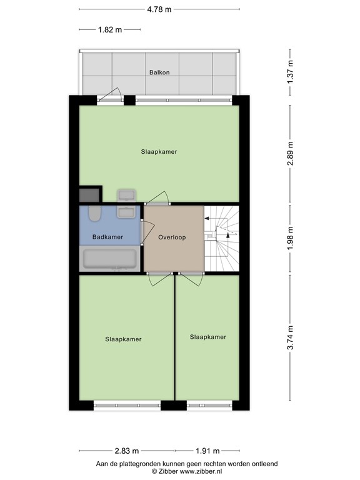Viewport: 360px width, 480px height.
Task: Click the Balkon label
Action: coord(159,72)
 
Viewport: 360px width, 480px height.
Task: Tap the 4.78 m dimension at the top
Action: coord(159,9)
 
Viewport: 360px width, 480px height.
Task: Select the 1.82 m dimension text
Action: coord(110,29)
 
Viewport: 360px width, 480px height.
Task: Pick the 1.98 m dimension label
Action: coord(291,239)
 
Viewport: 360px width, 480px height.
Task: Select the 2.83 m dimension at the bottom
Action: coord(126,451)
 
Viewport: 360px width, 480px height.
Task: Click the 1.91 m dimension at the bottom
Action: coord(206,451)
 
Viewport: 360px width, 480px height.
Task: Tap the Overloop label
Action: coord(173,237)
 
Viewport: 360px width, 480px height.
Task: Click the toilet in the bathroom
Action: coord(94,214)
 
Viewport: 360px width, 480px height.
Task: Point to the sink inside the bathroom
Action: coord(127,212)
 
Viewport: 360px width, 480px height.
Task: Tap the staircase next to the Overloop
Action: coord(222,239)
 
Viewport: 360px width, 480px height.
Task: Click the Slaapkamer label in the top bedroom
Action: coord(159,151)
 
